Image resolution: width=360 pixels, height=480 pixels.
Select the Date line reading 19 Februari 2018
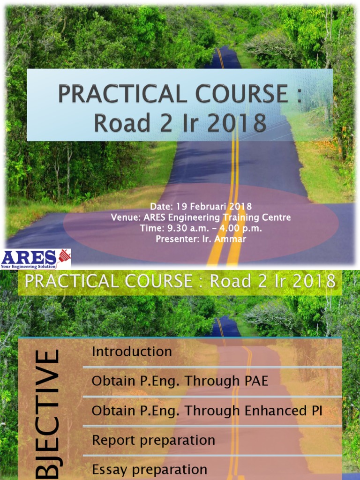201,206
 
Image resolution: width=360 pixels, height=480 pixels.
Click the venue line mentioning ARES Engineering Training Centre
201,217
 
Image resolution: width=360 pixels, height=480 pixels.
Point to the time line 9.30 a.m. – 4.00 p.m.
201,228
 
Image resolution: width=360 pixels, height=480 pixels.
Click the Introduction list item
132,352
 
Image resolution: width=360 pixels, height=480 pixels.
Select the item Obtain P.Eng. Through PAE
180,381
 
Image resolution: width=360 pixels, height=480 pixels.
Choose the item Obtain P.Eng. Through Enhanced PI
207,411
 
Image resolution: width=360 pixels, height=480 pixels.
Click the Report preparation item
153,440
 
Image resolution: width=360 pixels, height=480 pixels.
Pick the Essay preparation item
150,469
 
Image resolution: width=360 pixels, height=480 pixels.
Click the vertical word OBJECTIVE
48,412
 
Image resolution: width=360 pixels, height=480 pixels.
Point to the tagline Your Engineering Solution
29,266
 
